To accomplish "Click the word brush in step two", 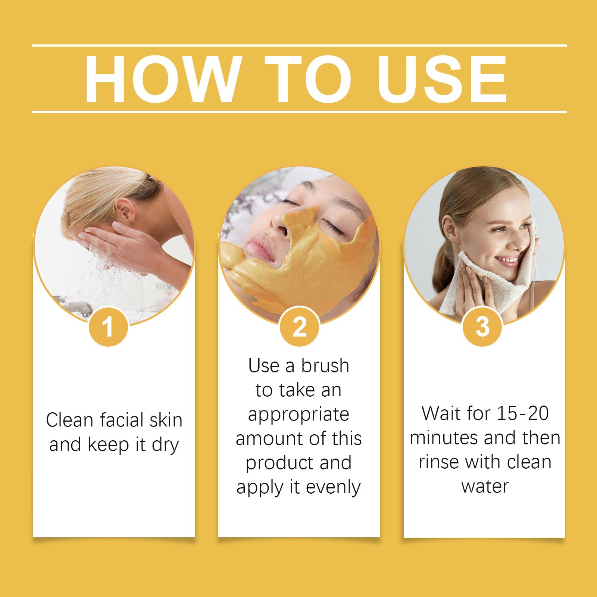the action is [x=325, y=366].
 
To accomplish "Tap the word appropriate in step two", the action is [x=298, y=414].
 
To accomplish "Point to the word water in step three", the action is [x=485, y=487].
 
